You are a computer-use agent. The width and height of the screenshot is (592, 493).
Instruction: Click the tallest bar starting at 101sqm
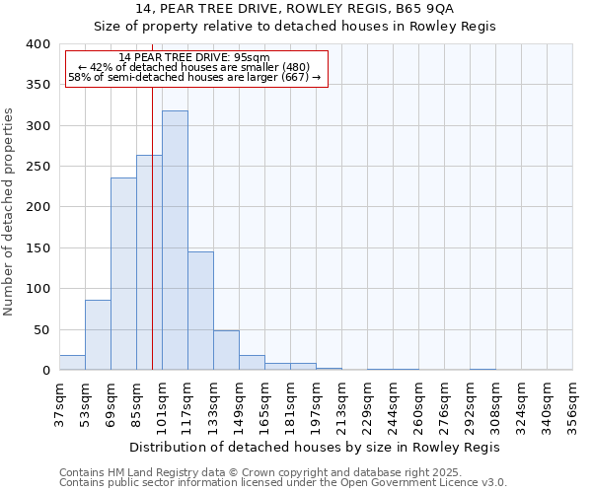[175, 241]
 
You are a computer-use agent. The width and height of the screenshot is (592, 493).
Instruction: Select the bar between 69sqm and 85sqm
[123, 274]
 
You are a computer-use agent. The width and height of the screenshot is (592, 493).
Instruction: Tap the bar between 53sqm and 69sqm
[98, 335]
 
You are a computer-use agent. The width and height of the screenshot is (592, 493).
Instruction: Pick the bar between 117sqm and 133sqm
[200, 311]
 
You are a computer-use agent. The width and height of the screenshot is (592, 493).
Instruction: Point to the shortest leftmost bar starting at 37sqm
[72, 363]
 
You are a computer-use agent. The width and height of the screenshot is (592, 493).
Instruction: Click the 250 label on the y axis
[38, 167]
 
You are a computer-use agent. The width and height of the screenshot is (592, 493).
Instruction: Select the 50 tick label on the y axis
[41, 329]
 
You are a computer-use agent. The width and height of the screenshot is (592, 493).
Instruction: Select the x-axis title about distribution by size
[315, 447]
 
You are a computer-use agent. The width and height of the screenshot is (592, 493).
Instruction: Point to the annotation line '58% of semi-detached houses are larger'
[194, 78]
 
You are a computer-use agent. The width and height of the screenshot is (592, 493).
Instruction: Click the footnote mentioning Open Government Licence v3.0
[283, 483]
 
